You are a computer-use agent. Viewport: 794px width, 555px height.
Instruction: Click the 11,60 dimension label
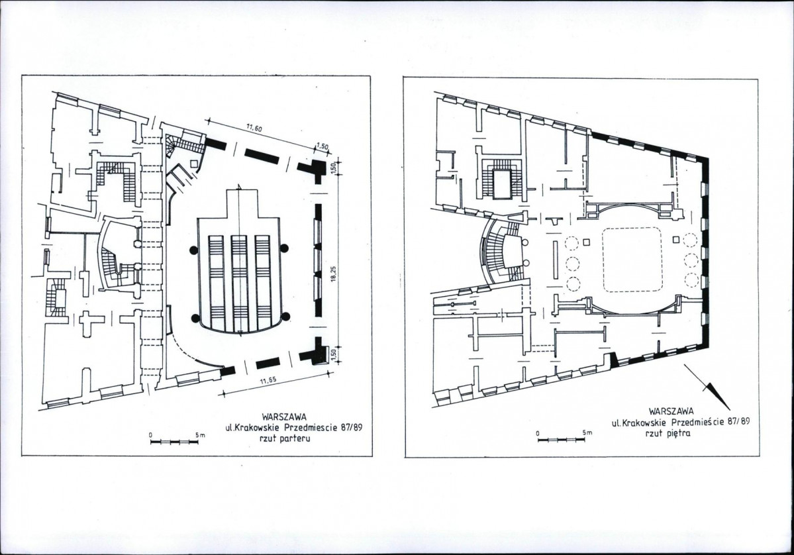[254, 128]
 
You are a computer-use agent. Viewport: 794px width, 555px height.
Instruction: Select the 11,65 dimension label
[268, 381]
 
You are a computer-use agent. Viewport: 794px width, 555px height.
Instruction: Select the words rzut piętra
[668, 433]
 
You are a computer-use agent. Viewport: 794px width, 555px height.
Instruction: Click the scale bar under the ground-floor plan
[174, 442]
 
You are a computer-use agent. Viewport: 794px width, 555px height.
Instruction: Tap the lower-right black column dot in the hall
[285, 317]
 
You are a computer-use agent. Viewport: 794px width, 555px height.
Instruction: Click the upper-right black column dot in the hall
[285, 248]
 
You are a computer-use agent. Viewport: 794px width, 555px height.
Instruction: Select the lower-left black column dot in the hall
[195, 318]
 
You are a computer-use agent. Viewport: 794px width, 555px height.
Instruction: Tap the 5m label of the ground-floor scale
[200, 435]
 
